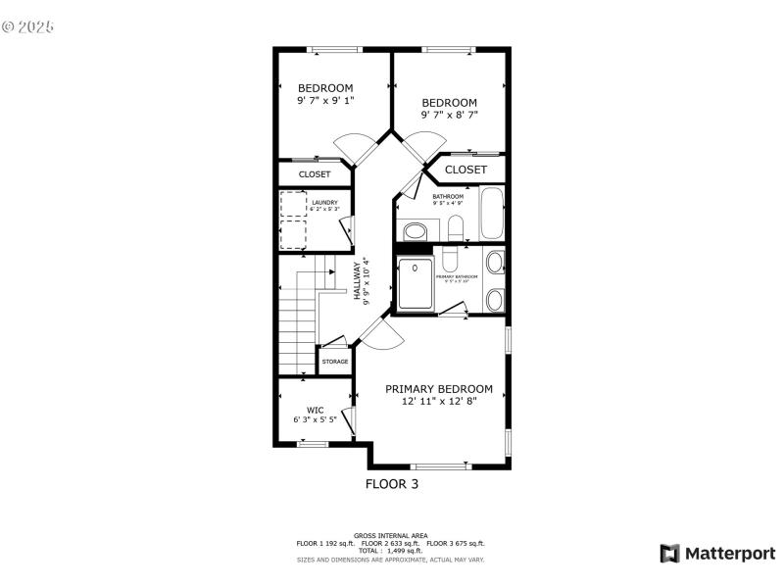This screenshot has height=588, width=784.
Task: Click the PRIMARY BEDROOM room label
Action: click(x=438, y=389)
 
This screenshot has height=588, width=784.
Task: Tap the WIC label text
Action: click(x=315, y=410)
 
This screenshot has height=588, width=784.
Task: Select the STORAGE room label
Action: click(x=334, y=362)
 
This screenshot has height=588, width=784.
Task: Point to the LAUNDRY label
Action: click(x=325, y=203)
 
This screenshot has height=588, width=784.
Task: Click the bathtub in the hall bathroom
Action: click(x=491, y=216)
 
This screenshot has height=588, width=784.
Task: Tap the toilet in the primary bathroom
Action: click(x=449, y=260)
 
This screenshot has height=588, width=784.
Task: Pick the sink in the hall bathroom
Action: click(x=416, y=232)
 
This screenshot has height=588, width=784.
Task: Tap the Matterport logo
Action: click(x=717, y=554)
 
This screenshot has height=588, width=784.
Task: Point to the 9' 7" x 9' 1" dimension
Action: click(x=325, y=100)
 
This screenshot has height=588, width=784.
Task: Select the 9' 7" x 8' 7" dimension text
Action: click(x=449, y=115)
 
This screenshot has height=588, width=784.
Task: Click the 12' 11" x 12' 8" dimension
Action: click(x=438, y=402)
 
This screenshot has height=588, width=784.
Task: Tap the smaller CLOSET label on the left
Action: click(x=315, y=174)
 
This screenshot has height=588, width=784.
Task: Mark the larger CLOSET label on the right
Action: click(x=465, y=170)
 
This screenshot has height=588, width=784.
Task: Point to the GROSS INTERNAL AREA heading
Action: click(x=391, y=536)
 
